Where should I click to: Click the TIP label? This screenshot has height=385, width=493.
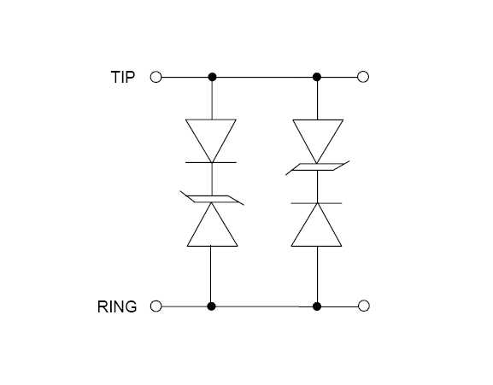(x=123, y=77)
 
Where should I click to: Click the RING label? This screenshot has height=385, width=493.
(x=117, y=306)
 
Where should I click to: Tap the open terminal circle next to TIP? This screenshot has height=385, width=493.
(x=156, y=77)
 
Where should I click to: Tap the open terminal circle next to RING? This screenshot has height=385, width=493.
(x=156, y=306)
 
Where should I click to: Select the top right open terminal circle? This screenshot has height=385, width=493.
(x=363, y=77)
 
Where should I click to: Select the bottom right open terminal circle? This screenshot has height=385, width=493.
(x=364, y=306)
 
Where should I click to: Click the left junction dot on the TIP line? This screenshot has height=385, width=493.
(x=212, y=77)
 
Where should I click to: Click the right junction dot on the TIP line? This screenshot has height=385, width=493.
(x=317, y=77)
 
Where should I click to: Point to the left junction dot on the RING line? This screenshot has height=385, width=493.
(x=212, y=306)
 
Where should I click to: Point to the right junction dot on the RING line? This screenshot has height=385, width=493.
(x=317, y=306)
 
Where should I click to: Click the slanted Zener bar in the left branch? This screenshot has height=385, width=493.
(x=212, y=199)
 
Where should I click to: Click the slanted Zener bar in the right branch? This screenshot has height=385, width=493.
(x=318, y=167)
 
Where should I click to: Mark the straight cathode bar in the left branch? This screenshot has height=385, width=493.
(x=211, y=162)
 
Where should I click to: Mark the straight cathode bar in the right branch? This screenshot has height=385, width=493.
(x=316, y=203)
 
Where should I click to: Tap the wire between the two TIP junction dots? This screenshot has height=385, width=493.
(x=264, y=77)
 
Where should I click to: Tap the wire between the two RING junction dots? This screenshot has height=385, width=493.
(x=264, y=306)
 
